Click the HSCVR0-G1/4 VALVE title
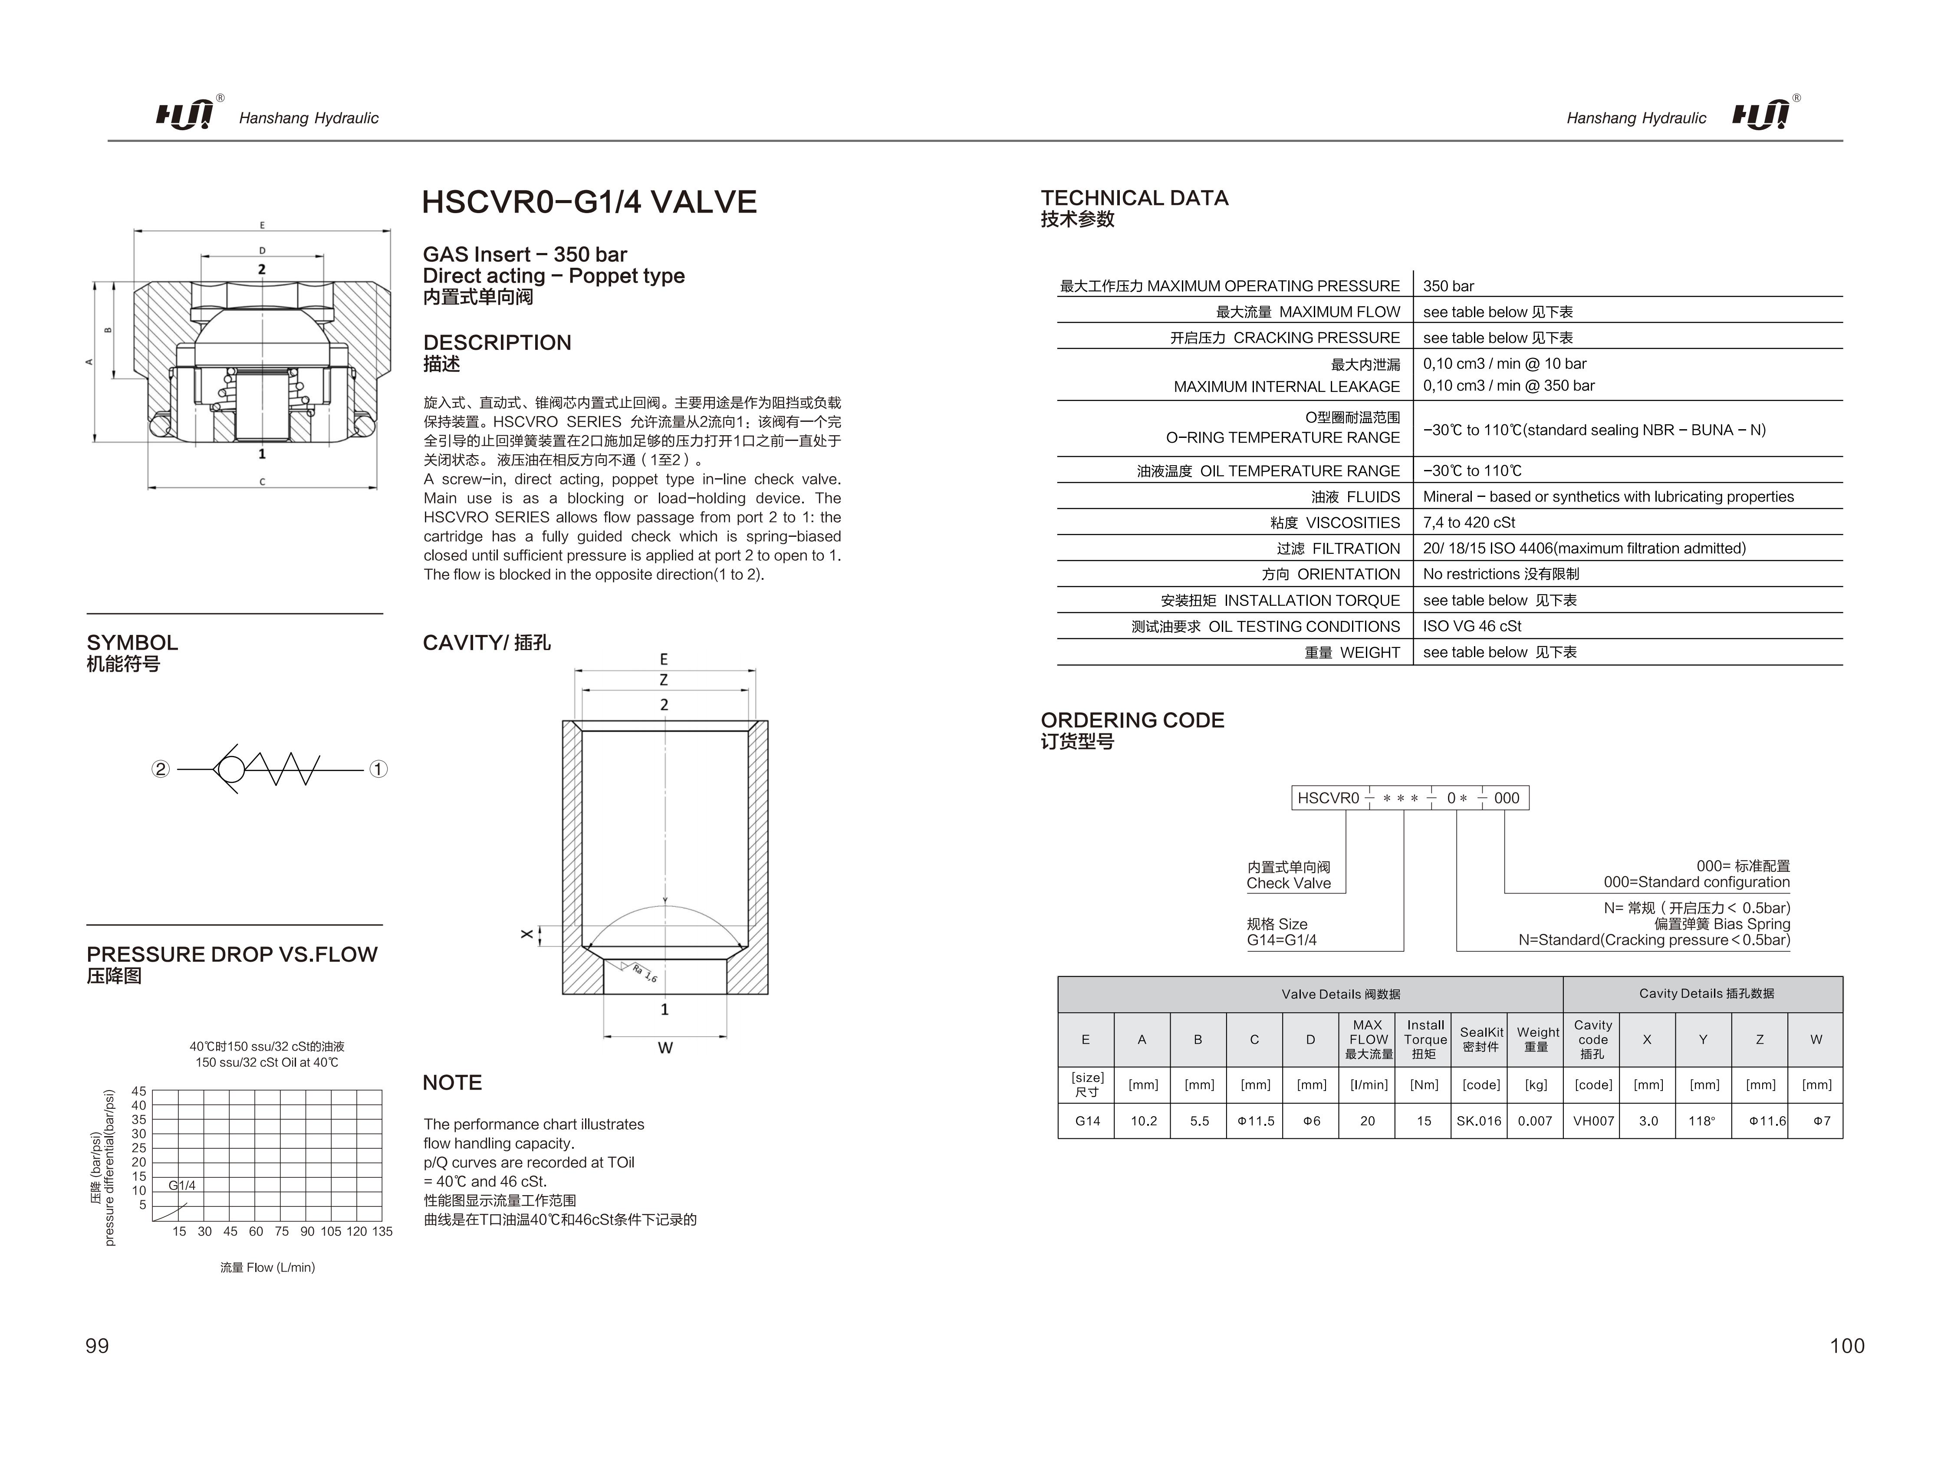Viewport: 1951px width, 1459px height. coord(589,202)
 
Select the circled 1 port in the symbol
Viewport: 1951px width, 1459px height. coord(378,769)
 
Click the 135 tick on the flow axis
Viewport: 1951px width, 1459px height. coord(382,1232)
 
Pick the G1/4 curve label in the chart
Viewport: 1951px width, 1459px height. coord(182,1186)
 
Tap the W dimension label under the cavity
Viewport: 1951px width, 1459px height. coord(665,1048)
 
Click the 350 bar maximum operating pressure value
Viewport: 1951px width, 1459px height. coord(1448,286)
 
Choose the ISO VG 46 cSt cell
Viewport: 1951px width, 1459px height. coord(1472,626)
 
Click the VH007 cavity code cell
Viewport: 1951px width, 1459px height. coord(1593,1121)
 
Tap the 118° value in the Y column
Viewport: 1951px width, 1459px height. coord(1702,1121)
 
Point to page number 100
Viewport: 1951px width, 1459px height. coord(1847,1345)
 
